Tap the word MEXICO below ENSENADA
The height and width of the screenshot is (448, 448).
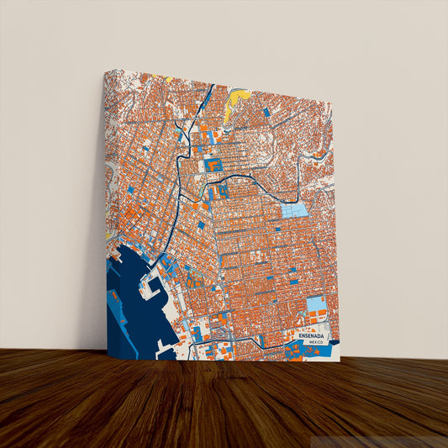pyautogui.click(x=316, y=343)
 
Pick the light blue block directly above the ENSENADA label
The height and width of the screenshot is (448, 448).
pyautogui.click(x=315, y=303)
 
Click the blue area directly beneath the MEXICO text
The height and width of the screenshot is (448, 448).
pyautogui.click(x=314, y=351)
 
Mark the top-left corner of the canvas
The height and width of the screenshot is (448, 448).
pyautogui.click(x=107, y=70)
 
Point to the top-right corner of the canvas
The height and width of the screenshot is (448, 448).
pyautogui.click(x=333, y=103)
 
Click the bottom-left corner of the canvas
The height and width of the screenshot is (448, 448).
pyautogui.click(x=107, y=360)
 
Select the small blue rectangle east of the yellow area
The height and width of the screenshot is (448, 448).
pyautogui.click(x=266, y=112)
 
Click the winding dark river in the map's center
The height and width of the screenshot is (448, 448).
pyautogui.click(x=252, y=177)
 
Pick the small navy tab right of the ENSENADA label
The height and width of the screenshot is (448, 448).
pyautogui.click(x=335, y=341)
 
